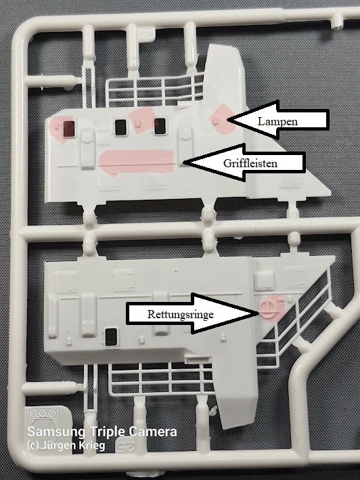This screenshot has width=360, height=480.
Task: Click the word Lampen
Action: (x=277, y=122)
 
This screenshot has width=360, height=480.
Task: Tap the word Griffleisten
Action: (x=250, y=163)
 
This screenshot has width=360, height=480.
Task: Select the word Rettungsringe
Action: (x=181, y=314)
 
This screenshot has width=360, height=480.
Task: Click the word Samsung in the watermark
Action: (x=56, y=431)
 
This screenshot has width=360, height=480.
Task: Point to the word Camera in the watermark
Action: (x=153, y=431)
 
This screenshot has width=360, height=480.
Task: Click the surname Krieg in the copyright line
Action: (x=92, y=445)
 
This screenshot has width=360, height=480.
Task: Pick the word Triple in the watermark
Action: (x=107, y=432)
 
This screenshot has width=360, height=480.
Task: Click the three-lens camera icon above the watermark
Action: (x=43, y=413)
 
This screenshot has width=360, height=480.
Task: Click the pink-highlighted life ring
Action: (x=267, y=309)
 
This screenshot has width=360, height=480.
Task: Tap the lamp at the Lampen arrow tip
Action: (x=217, y=120)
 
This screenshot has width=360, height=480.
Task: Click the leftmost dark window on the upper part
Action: (x=69, y=129)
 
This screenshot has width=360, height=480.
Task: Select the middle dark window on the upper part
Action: (x=120, y=127)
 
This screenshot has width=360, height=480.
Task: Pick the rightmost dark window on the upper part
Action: (x=160, y=126)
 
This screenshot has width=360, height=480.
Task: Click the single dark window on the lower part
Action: (x=111, y=336)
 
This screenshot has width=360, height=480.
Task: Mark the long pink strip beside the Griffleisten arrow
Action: (x=137, y=161)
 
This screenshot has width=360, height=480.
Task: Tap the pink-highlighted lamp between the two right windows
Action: (x=139, y=123)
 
